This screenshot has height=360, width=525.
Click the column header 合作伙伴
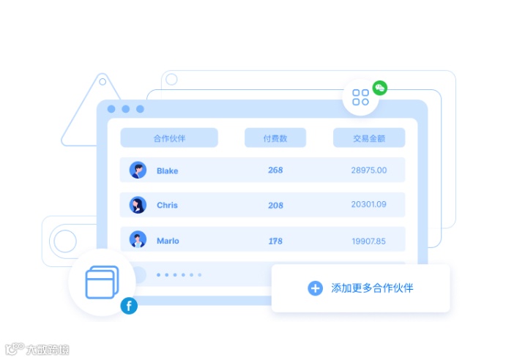(x=169, y=138)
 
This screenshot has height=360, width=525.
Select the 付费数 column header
(x=275, y=138)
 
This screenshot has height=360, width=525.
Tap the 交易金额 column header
(x=369, y=138)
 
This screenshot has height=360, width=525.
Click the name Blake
(x=167, y=171)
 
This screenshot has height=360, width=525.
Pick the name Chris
(x=167, y=206)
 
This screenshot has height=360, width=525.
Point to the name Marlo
(x=168, y=241)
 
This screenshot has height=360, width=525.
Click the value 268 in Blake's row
(x=275, y=170)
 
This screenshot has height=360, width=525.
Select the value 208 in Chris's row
(x=275, y=206)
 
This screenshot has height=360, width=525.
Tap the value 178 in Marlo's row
(x=275, y=241)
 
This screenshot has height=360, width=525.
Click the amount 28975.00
(x=368, y=170)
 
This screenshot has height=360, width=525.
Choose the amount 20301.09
(x=368, y=205)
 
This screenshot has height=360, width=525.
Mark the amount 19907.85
(x=368, y=241)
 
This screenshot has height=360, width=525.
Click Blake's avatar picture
(x=138, y=170)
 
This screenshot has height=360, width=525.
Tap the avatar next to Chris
(x=138, y=205)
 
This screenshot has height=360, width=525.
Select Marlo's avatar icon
(x=138, y=240)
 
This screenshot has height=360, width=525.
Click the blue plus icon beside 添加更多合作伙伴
(x=315, y=288)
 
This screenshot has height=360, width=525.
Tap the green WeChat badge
(x=379, y=88)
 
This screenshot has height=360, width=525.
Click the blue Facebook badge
(x=129, y=306)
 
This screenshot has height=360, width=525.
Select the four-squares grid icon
(x=360, y=97)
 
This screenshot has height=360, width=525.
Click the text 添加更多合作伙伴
(x=372, y=288)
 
